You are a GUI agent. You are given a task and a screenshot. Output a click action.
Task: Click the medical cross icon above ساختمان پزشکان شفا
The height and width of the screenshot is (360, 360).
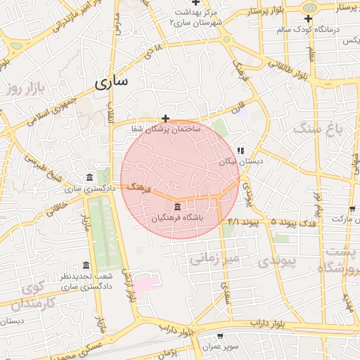click(165, 118)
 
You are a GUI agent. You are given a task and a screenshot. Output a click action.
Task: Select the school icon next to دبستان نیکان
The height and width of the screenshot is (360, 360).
click(240, 150)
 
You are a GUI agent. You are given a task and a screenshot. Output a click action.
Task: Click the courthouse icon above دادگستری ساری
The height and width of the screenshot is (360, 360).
click(89, 177)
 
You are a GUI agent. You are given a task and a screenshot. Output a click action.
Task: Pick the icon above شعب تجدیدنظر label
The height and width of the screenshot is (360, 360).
click(86, 265)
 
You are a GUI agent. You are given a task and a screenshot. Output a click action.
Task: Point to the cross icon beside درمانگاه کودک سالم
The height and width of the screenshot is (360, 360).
click(308, 18)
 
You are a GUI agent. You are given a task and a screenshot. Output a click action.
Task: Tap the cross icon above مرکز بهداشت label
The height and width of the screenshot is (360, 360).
click(195, 4)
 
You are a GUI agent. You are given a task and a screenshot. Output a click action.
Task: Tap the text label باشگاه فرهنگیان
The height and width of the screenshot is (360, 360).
click(177, 219)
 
